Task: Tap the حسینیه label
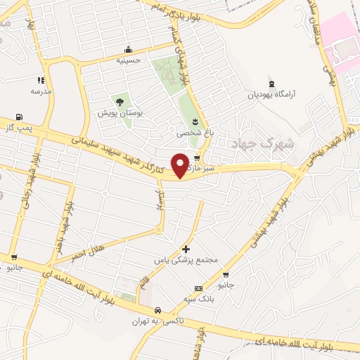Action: pos(128,60)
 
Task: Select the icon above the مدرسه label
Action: pos(41,80)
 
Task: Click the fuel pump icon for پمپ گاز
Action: pos(18,117)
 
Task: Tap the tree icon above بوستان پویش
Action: pos(120,102)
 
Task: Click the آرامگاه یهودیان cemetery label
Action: pos(271,94)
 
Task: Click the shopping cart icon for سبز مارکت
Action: pos(198,158)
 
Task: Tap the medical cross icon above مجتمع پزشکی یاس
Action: pos(186,249)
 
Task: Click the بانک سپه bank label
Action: pos(198,299)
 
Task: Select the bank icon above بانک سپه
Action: pos(198,288)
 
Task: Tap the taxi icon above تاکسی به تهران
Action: pos(157,310)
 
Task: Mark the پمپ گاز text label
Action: pos(18,128)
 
